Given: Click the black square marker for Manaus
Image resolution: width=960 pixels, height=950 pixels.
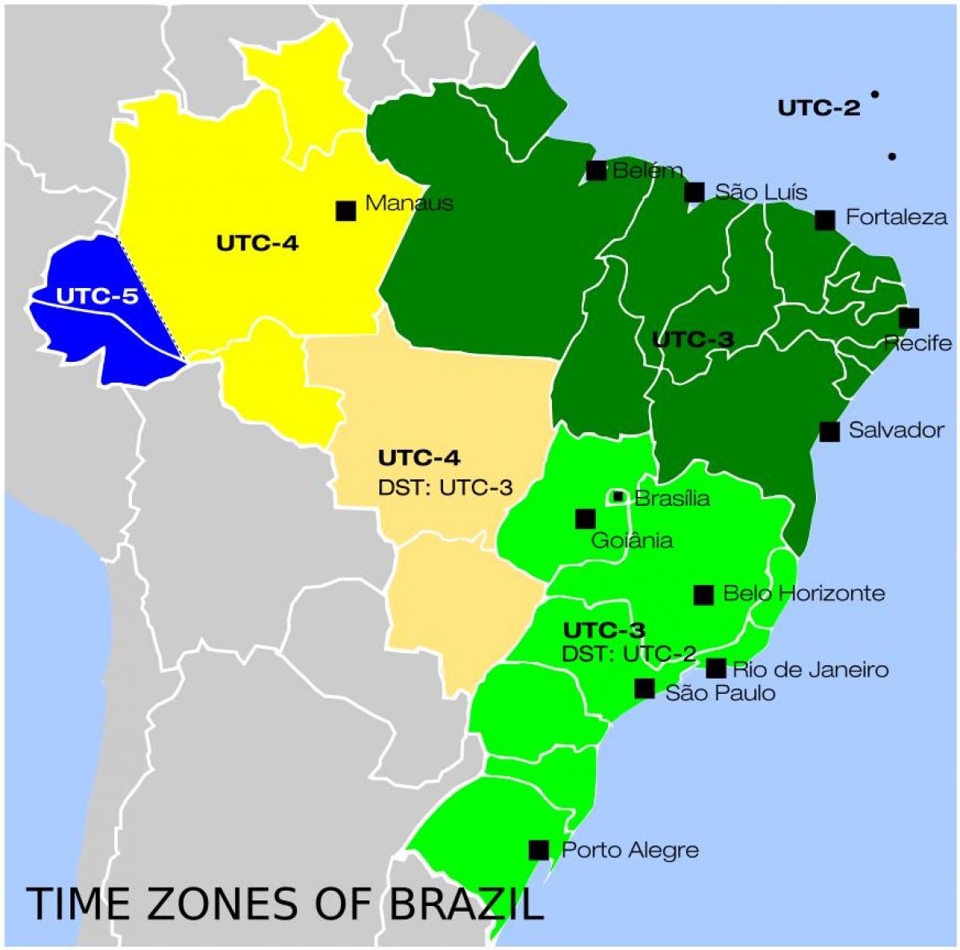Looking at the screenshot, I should pyautogui.click(x=346, y=210).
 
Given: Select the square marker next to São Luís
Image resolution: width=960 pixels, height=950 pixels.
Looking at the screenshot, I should pyautogui.click(x=694, y=192).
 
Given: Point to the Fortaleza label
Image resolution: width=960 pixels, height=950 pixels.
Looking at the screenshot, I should pyautogui.click(x=896, y=217).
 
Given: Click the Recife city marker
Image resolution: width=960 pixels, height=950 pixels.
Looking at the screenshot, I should pyautogui.click(x=909, y=318).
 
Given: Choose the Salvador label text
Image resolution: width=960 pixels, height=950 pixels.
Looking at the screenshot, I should pyautogui.click(x=896, y=430).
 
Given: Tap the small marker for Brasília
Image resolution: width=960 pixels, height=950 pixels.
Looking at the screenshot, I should pyautogui.click(x=618, y=497).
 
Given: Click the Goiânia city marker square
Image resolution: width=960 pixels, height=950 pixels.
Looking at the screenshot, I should pyautogui.click(x=586, y=519).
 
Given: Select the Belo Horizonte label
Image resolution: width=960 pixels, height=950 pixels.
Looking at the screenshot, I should pyautogui.click(x=804, y=593).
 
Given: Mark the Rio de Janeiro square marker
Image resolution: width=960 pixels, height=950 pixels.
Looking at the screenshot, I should pyautogui.click(x=716, y=668).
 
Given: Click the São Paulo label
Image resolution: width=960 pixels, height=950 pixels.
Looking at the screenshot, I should pyautogui.click(x=720, y=692).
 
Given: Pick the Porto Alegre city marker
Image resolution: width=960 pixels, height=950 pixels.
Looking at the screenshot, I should pyautogui.click(x=539, y=850).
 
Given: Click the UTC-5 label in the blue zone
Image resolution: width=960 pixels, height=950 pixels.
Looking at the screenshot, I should pyautogui.click(x=97, y=296).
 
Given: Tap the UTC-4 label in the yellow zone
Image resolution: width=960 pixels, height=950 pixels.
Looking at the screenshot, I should pyautogui.click(x=257, y=243).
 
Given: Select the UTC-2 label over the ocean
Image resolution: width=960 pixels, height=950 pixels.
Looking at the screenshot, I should pyautogui.click(x=819, y=108).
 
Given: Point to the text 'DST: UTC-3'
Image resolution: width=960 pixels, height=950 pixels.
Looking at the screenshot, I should pyautogui.click(x=445, y=487).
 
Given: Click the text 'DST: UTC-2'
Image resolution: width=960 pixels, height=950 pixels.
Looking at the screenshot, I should pyautogui.click(x=629, y=654).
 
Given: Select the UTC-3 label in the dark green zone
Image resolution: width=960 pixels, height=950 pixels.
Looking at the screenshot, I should pyautogui.click(x=693, y=340).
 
